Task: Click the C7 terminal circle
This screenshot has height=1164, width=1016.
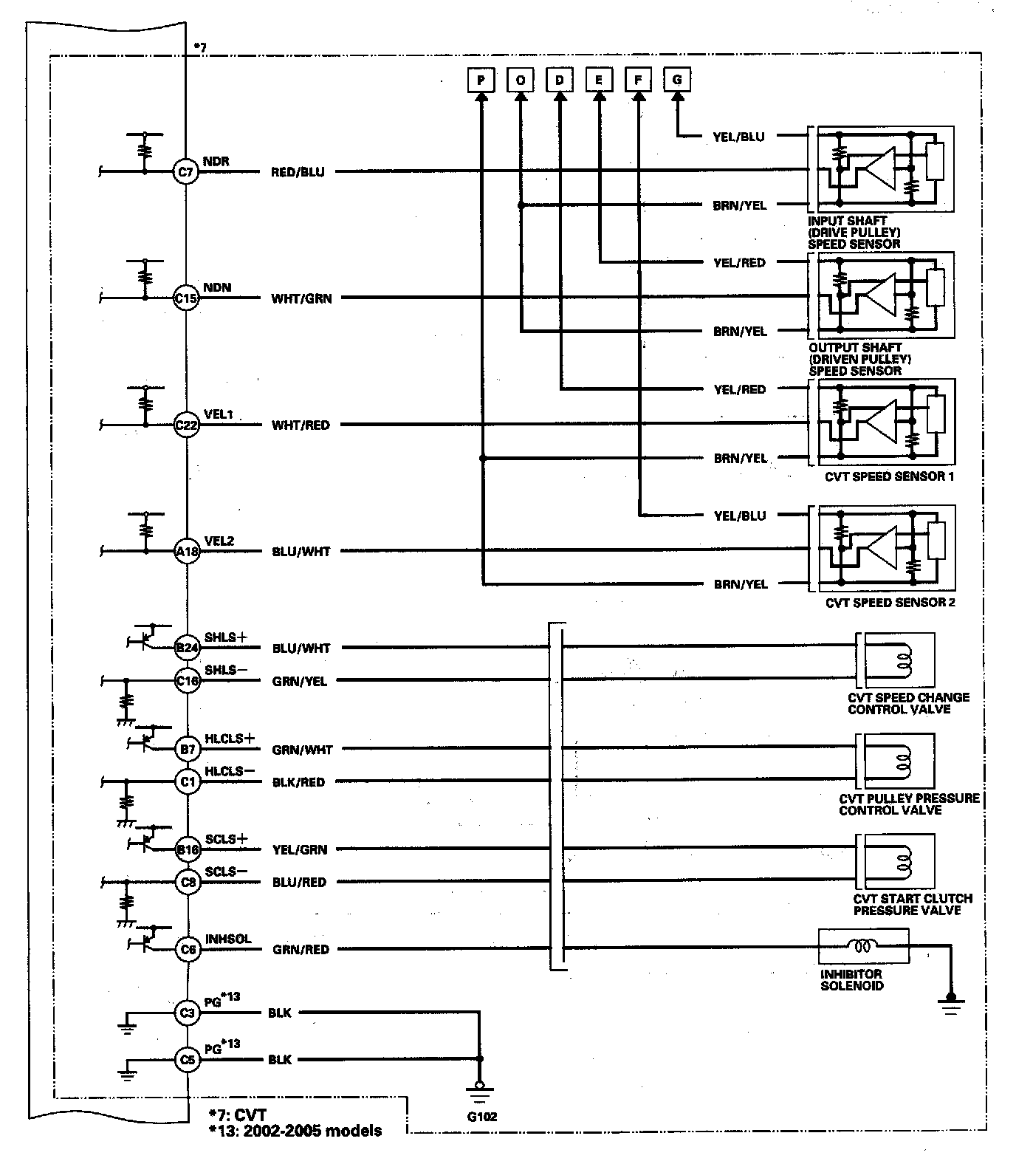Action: click(x=186, y=172)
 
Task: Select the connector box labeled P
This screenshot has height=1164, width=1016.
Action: click(x=481, y=79)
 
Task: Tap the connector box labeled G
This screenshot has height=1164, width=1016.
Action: click(x=677, y=79)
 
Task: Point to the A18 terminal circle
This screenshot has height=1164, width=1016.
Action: click(x=186, y=552)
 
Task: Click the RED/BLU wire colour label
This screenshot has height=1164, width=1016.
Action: click(x=298, y=172)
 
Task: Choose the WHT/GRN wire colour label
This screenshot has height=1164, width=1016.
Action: click(x=301, y=299)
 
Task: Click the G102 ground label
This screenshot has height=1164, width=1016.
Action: click(x=482, y=1116)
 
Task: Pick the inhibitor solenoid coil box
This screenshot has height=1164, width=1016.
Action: click(x=863, y=946)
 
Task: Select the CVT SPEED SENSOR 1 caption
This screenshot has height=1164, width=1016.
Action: click(x=889, y=476)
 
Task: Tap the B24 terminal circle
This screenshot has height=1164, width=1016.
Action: click(x=186, y=648)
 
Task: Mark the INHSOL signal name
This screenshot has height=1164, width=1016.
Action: click(x=228, y=939)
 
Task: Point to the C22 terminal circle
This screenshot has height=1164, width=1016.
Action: click(x=186, y=425)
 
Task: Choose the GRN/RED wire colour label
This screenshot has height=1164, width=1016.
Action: click(x=301, y=950)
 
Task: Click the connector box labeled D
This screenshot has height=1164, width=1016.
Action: click(x=560, y=79)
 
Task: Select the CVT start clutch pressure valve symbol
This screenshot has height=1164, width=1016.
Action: click(x=895, y=859)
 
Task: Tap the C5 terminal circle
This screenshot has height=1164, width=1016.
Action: click(x=188, y=1061)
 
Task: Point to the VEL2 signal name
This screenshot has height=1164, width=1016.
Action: click(x=219, y=541)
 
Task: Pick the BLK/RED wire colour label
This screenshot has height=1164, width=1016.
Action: click(x=298, y=782)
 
